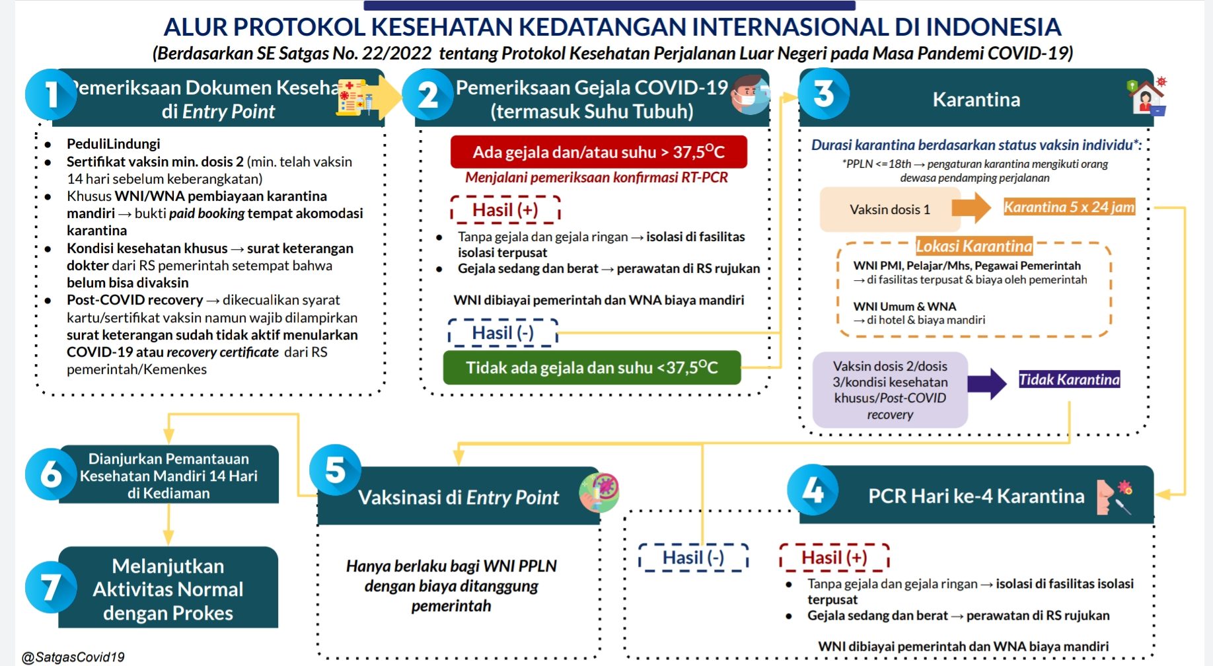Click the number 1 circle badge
[51, 94]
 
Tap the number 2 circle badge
[427, 94]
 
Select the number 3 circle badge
[824, 94]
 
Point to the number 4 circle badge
[813, 490]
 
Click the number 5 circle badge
[335, 470]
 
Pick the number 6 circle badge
[51, 474]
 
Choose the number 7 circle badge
[51, 587]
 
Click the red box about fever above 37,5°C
[599, 152]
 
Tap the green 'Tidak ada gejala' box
[591, 367]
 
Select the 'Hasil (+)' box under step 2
[505, 209]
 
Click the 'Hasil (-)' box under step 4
[693, 558]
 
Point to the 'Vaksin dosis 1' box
[890, 209]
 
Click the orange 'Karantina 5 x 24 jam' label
[1069, 207]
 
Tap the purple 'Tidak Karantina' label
[1069, 379]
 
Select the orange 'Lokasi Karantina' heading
[974, 246]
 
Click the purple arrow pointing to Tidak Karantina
[987, 383]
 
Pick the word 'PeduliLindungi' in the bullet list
[114, 144]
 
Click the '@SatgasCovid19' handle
[73, 657]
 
